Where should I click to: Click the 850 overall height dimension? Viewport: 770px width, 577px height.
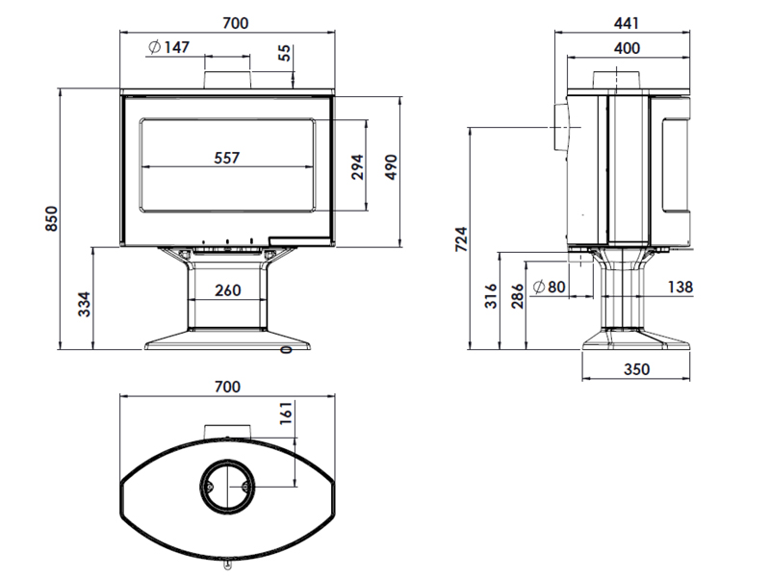point(51,219)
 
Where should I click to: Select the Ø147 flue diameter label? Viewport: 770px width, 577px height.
point(168,47)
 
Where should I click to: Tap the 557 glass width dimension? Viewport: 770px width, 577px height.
point(227,158)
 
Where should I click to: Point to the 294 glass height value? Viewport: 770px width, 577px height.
point(358,166)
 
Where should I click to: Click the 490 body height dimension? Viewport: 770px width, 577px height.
point(391,166)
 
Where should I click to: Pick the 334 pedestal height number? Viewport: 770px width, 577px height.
point(85,304)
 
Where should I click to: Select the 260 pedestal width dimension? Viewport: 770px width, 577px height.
point(228,290)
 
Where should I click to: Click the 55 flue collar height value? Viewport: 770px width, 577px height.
point(284,53)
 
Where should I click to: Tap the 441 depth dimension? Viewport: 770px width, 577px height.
point(627,23)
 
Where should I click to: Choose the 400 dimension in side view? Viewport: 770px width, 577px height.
point(628,48)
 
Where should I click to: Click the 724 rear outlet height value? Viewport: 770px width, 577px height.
point(461,239)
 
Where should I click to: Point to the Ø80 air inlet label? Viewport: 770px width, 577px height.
point(550,287)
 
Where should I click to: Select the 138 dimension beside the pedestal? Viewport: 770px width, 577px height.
point(680,287)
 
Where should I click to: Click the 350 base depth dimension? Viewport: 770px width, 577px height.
point(637,369)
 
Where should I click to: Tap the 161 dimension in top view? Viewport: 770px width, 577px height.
point(285,413)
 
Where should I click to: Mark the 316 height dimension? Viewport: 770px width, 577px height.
point(491,296)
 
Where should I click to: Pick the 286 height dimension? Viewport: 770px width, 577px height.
point(518,296)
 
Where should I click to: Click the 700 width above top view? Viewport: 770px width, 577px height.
point(228,387)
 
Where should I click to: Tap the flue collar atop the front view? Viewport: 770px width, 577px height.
point(227,80)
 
